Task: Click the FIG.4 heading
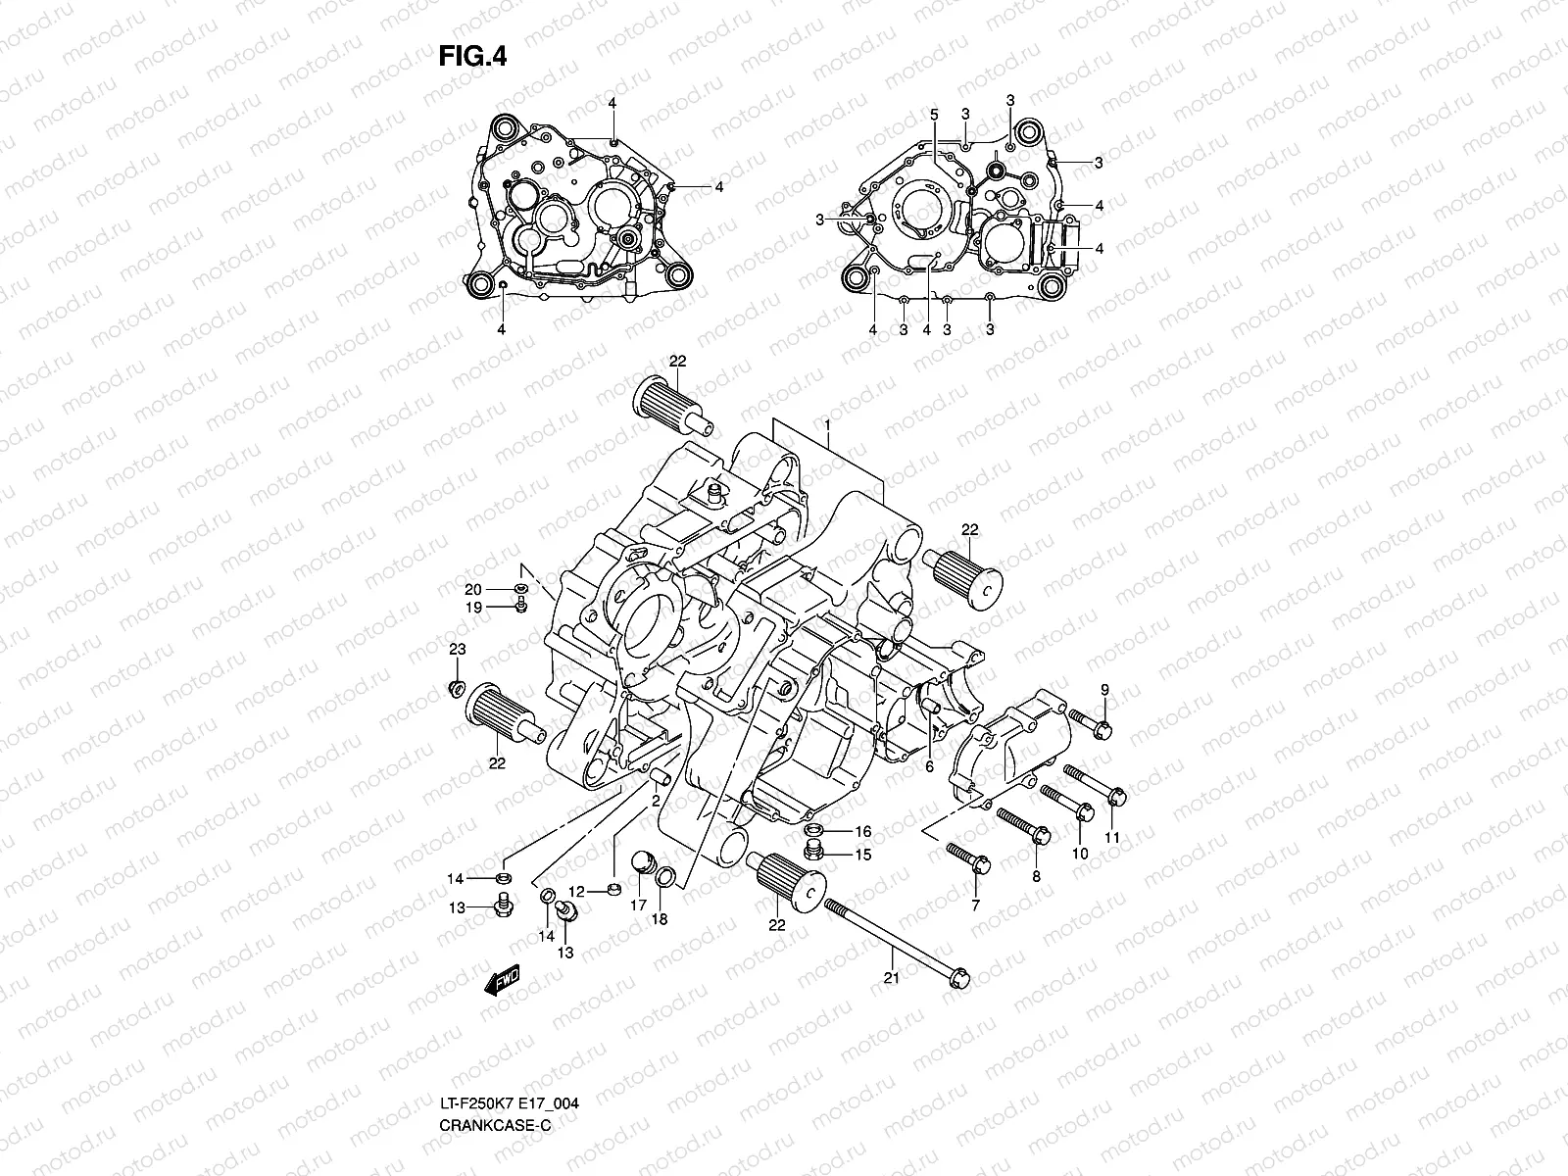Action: coord(471,57)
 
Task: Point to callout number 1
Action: coord(828,428)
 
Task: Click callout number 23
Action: coord(457,650)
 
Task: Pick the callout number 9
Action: coord(1103,691)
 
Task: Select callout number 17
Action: coord(638,906)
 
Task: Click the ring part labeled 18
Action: coord(663,877)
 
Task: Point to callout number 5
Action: coord(934,116)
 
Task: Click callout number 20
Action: coord(473,589)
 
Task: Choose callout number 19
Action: coord(473,608)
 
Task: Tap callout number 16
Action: coord(862,831)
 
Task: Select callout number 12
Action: coord(576,891)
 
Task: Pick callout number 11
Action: coord(1111,837)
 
